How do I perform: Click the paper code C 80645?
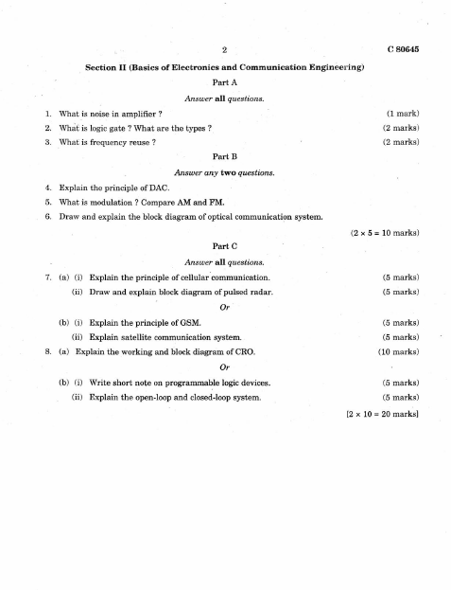[403, 48]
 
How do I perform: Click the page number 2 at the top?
[225, 48]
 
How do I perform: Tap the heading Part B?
[225, 155]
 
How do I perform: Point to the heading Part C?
[225, 245]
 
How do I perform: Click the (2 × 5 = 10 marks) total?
[384, 231]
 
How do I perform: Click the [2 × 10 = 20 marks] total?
[383, 414]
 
